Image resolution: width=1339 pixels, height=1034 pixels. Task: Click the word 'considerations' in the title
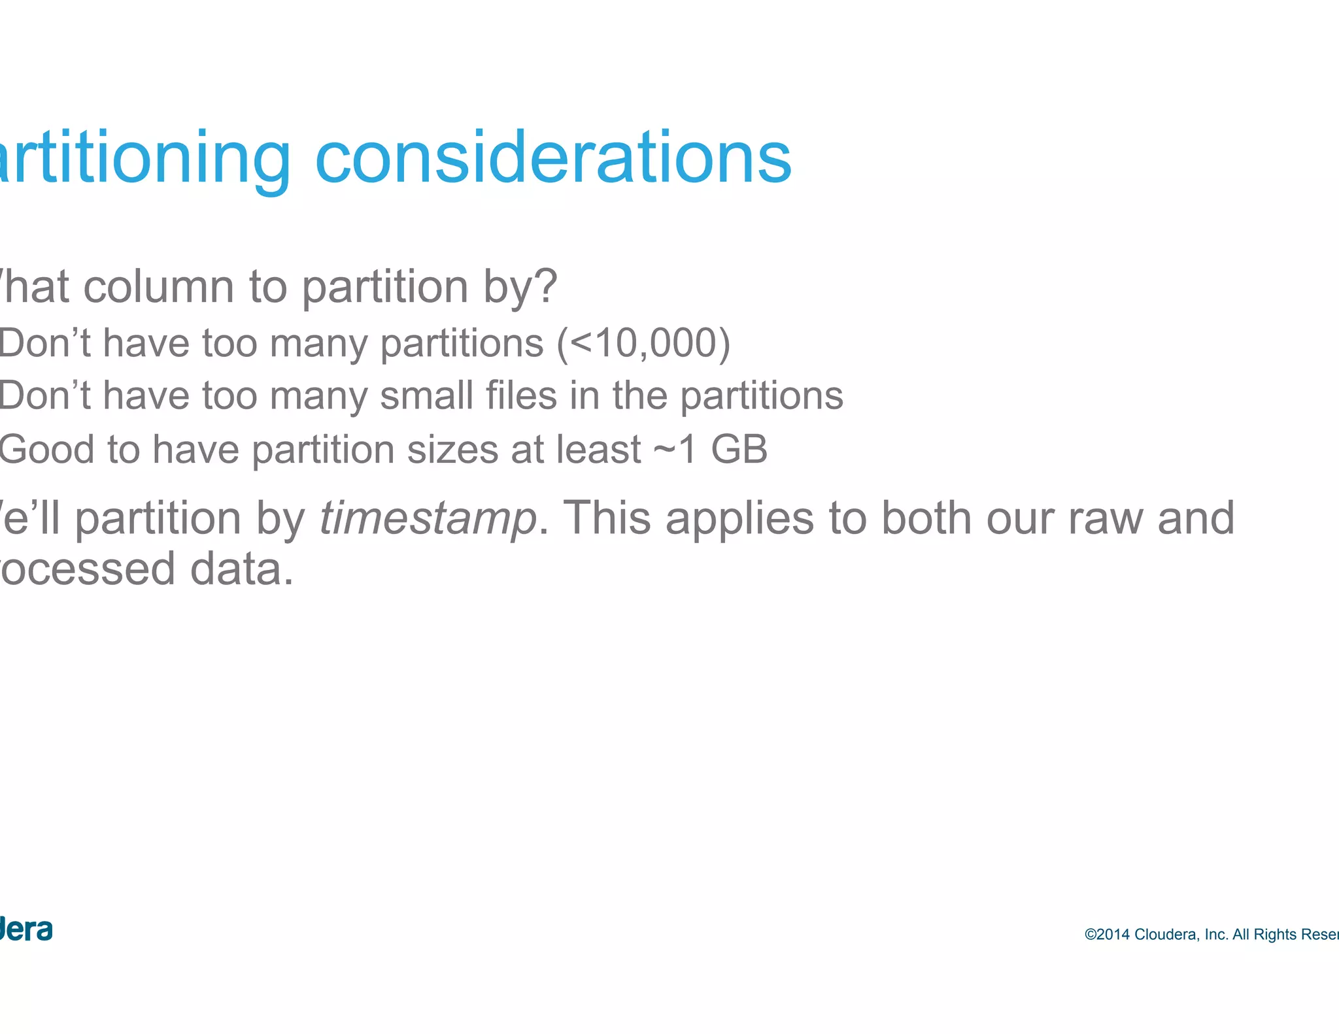click(x=552, y=158)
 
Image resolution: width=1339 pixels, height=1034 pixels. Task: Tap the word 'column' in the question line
click(x=159, y=287)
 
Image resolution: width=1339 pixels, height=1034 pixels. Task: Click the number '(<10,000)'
click(x=643, y=343)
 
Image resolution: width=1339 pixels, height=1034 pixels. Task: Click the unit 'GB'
click(x=739, y=450)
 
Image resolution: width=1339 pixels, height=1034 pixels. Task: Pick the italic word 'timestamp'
click(x=428, y=518)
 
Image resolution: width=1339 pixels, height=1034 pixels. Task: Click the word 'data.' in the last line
click(x=242, y=569)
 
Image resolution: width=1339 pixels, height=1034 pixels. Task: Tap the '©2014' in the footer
click(x=1107, y=935)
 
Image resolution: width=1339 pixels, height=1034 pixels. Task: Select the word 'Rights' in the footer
click(x=1274, y=935)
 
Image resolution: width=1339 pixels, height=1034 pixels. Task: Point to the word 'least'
click(x=599, y=450)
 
